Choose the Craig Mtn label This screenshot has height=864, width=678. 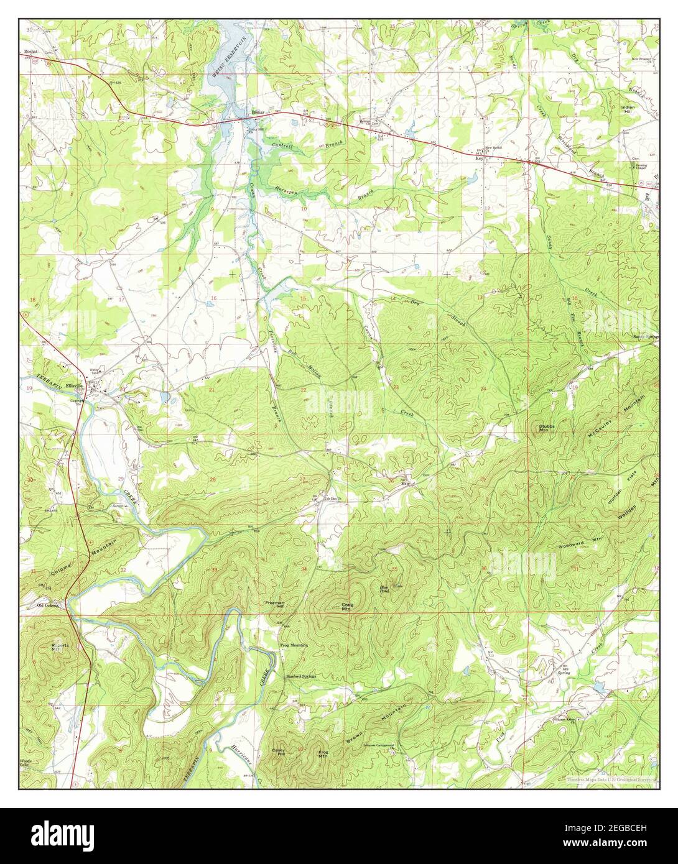pyautogui.click(x=346, y=607)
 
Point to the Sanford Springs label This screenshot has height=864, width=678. pyautogui.click(x=301, y=676)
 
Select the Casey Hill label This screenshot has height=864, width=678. pyautogui.click(x=278, y=751)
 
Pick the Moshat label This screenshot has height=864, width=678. pyautogui.click(x=32, y=46)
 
